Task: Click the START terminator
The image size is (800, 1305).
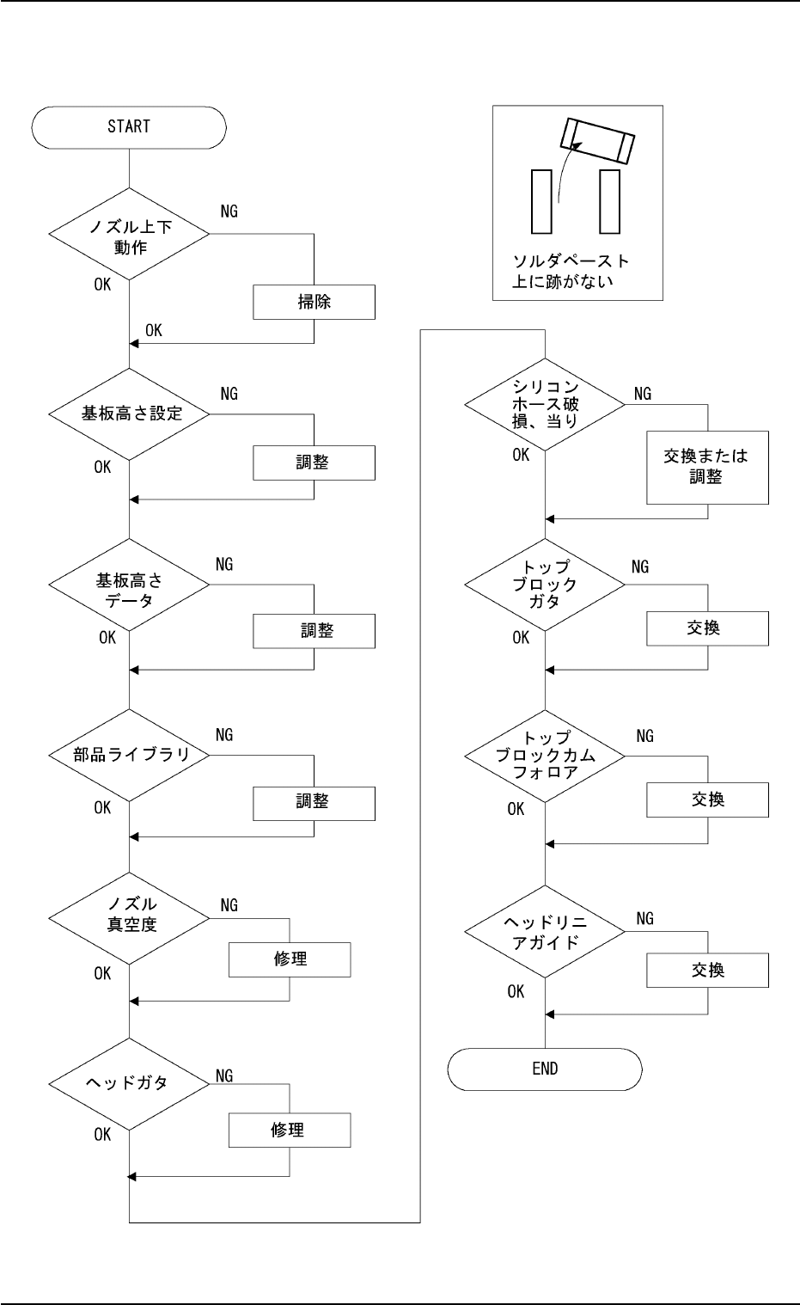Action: tap(129, 127)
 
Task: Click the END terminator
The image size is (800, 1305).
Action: tap(545, 1069)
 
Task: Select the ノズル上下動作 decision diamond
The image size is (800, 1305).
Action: tap(129, 234)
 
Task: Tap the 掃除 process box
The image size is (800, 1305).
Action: tap(314, 303)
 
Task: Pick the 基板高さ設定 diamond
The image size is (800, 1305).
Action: tap(129, 414)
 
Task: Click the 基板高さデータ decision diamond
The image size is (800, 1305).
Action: tap(129, 584)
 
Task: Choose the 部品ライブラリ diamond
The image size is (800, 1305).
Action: tap(129, 755)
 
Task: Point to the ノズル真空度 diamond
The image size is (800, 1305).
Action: tap(129, 916)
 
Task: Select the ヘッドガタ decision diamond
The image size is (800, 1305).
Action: tap(129, 1082)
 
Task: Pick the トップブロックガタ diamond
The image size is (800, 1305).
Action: tap(545, 584)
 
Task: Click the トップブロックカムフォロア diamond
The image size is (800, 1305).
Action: tap(545, 754)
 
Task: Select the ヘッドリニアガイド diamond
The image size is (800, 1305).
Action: tap(545, 932)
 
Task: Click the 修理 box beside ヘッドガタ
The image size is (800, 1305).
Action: tap(290, 1130)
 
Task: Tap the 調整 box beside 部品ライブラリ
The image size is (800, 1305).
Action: tap(314, 801)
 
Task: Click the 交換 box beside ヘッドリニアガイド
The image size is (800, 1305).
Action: tap(707, 971)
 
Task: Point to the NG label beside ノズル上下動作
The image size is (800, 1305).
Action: tap(229, 211)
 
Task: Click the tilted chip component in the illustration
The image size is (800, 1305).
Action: tap(598, 141)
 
